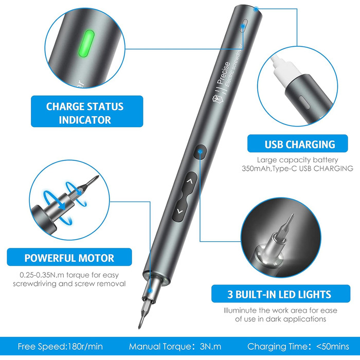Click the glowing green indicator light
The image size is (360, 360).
pyautogui.click(x=86, y=43)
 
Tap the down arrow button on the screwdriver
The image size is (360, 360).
pyautogui.click(x=179, y=211)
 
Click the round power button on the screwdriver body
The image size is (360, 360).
pyautogui.click(x=200, y=152)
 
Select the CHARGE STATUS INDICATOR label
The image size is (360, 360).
pyautogui.click(x=87, y=112)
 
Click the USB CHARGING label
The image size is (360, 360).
pyautogui.click(x=298, y=143)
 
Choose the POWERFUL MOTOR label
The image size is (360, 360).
pyautogui.click(x=69, y=257)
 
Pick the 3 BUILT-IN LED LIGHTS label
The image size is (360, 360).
pyautogui.click(x=281, y=294)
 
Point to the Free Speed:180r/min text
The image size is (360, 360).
pyautogui.click(x=60, y=347)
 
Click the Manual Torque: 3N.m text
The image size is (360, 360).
pyautogui.click(x=175, y=347)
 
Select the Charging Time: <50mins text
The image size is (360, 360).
pyautogui.click(x=298, y=347)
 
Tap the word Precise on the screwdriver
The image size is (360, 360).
pyautogui.click(x=223, y=73)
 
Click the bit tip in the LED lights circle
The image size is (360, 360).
pyautogui.click(x=293, y=215)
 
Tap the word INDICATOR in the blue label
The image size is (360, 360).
pyautogui.click(x=85, y=120)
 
